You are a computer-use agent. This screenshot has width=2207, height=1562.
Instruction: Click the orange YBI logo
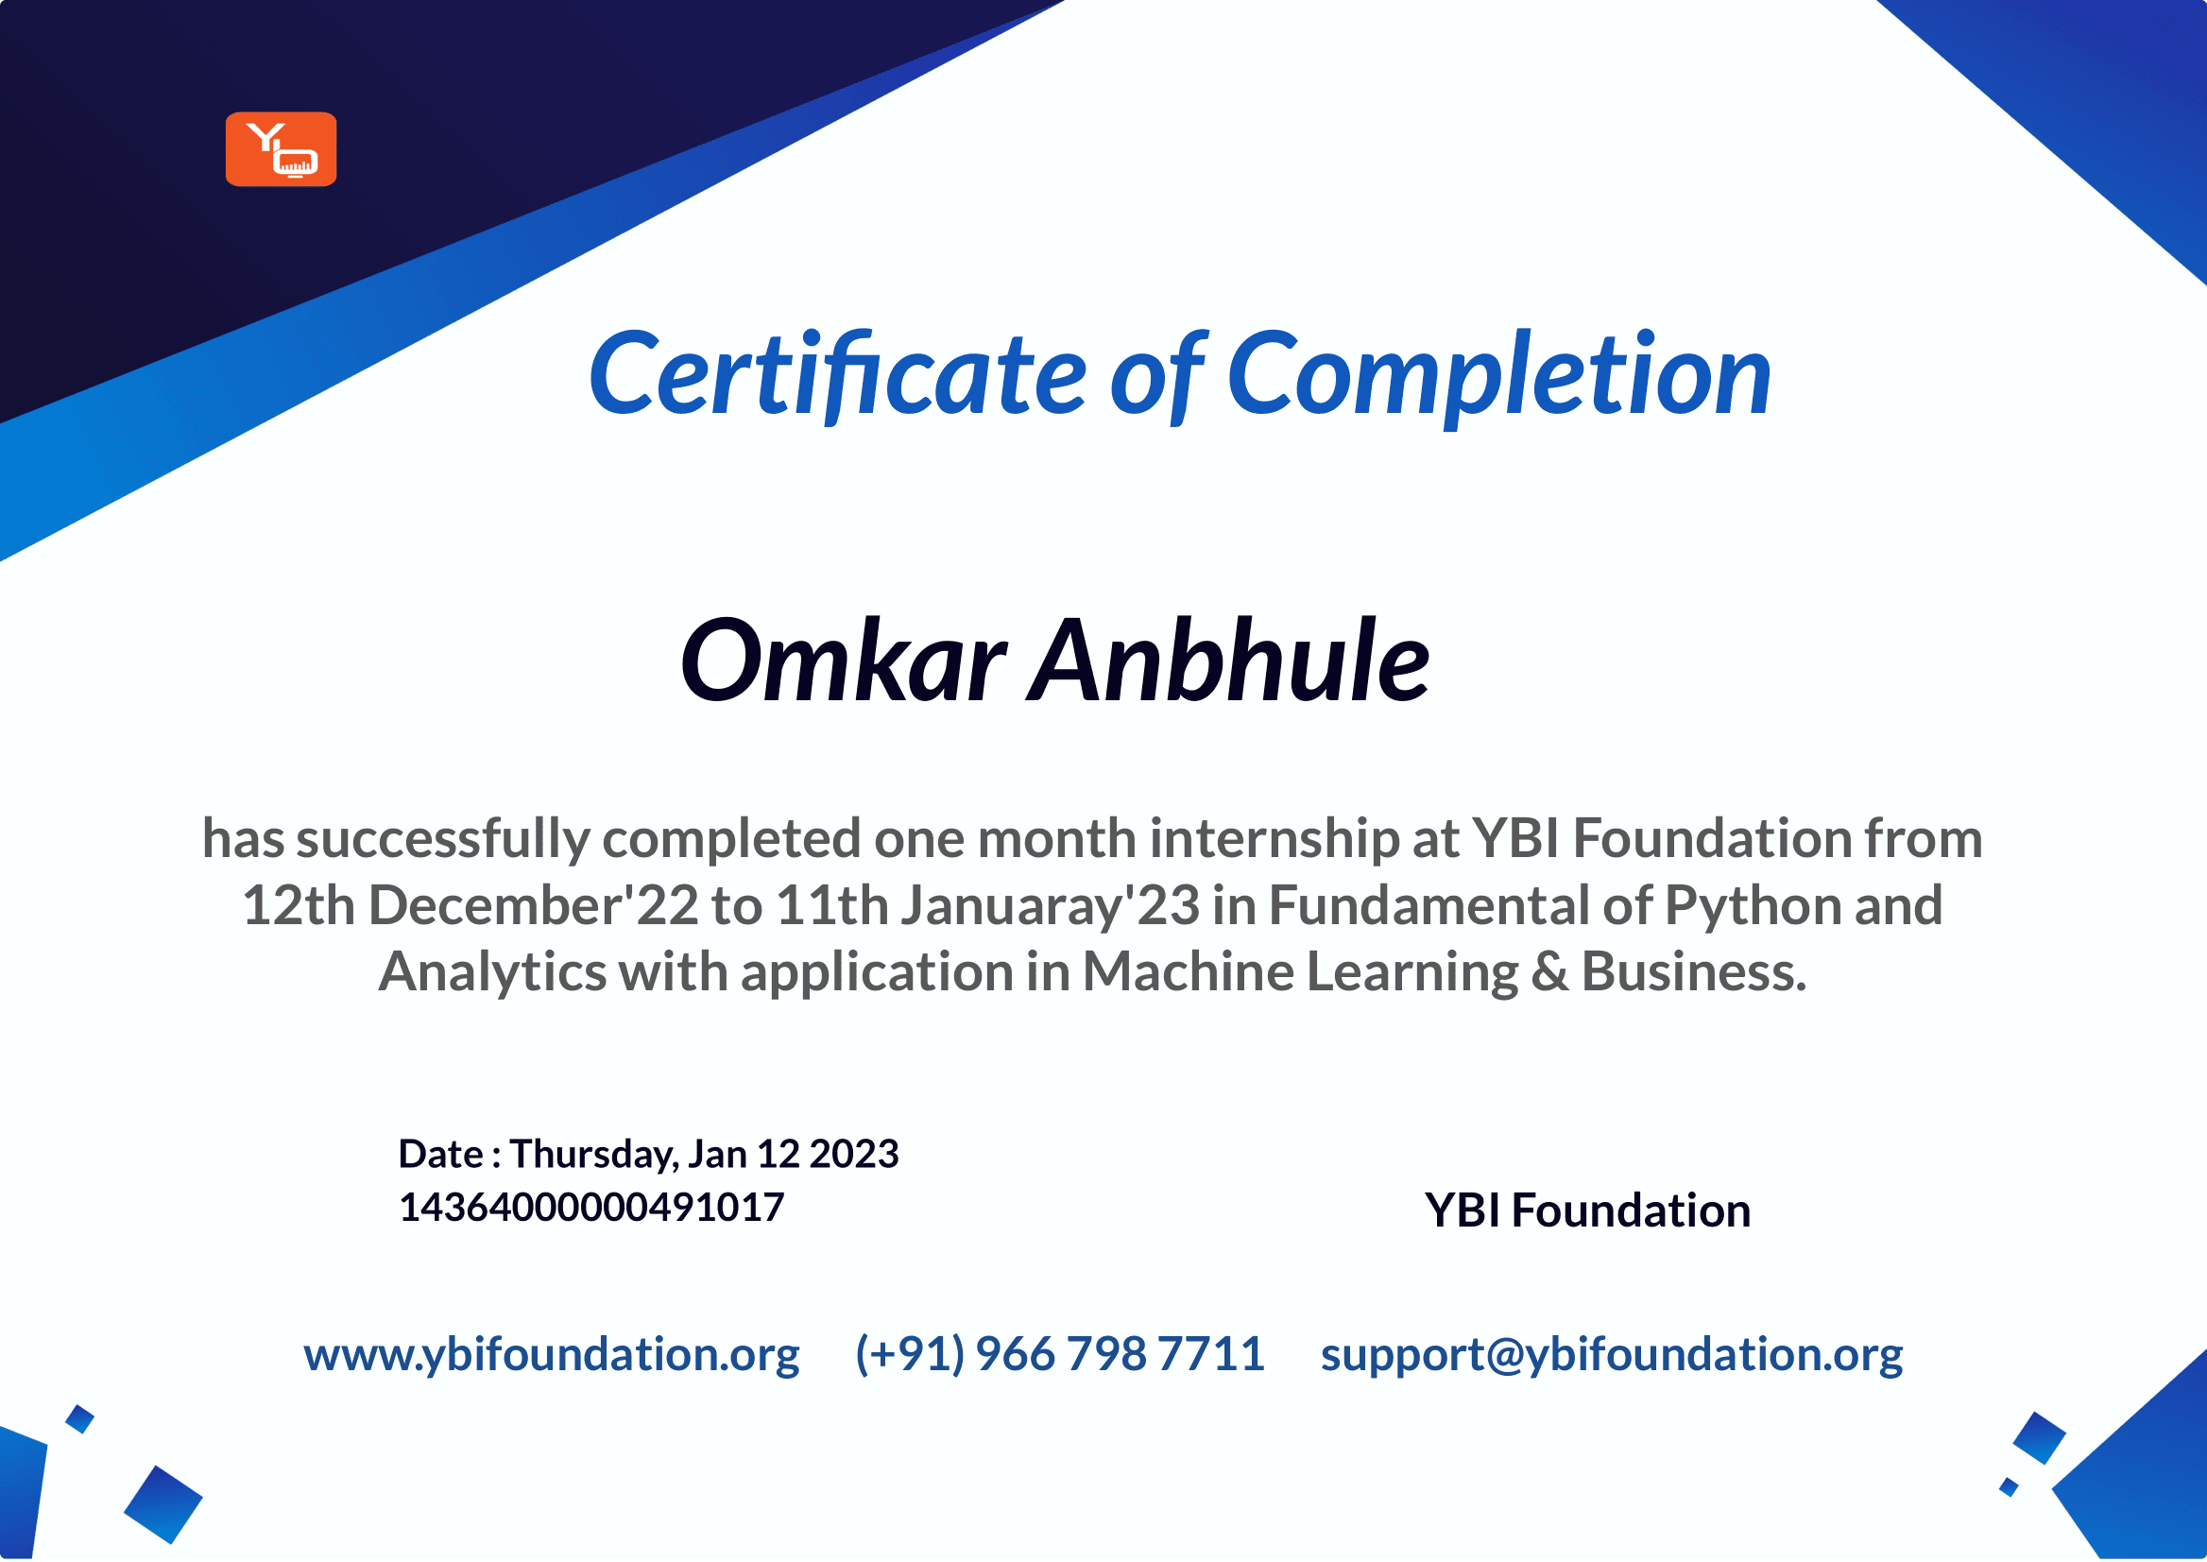point(281,149)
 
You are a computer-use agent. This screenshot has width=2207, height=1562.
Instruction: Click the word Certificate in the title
point(837,375)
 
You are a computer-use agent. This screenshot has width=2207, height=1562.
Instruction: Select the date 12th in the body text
point(299,905)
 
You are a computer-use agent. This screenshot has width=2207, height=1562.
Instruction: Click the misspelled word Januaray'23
point(1051,906)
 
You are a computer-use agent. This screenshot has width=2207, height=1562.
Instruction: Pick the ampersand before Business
point(1549,972)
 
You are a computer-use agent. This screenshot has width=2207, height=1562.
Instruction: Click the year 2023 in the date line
point(854,1154)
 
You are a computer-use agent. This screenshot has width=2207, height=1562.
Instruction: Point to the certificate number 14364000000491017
point(590,1207)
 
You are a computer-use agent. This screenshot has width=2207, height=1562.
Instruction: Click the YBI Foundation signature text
point(1587,1210)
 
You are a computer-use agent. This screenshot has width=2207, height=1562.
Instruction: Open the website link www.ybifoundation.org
point(552,1354)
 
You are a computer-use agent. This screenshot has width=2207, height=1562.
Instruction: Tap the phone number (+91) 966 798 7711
point(1060,1354)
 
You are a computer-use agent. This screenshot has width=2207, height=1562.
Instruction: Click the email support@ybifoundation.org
point(1612,1354)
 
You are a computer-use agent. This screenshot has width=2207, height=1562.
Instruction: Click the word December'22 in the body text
point(533,905)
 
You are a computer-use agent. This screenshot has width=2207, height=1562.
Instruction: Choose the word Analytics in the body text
point(492,972)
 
